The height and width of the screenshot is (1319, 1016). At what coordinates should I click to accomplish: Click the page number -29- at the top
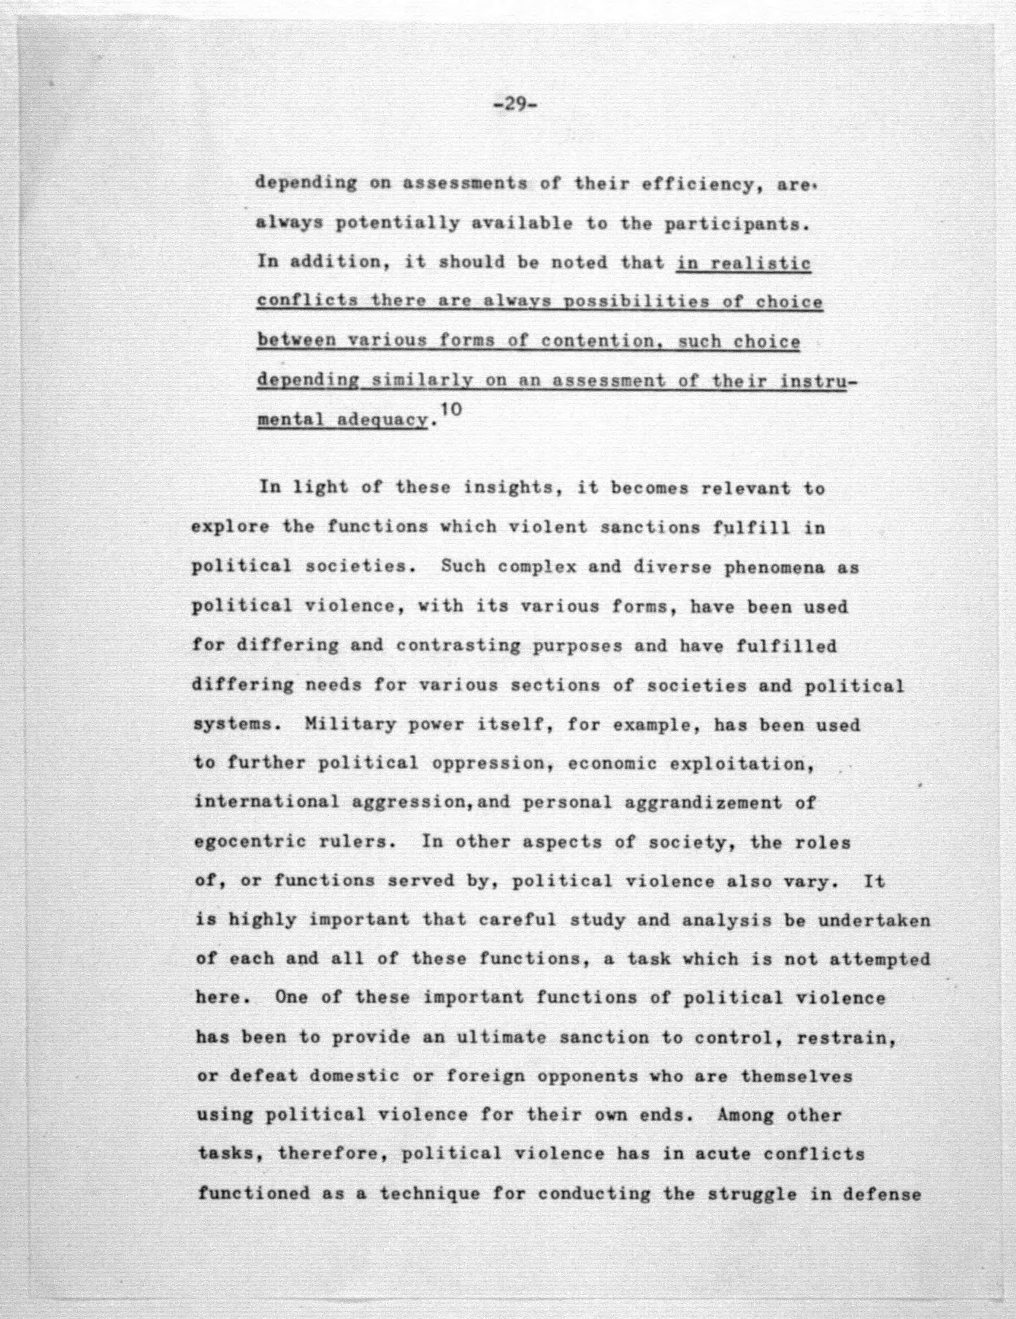click(515, 106)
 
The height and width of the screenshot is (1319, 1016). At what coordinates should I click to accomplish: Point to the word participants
click(736, 224)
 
